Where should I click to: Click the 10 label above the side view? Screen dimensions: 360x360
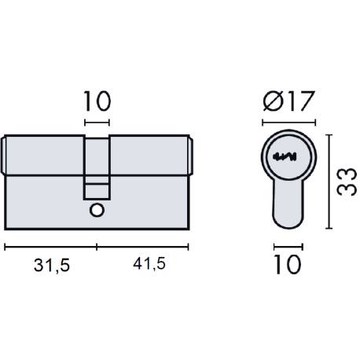click(97, 101)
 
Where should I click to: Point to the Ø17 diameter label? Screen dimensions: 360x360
click(288, 101)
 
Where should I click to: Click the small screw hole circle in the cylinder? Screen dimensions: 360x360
click(97, 209)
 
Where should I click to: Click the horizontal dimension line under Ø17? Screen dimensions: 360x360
click(288, 123)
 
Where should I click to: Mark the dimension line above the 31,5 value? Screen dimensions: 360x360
click(51, 246)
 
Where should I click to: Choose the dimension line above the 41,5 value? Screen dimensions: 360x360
click(143, 246)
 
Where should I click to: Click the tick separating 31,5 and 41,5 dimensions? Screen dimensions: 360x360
click(97, 246)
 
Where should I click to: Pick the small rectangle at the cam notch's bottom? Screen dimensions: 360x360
click(97, 190)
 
